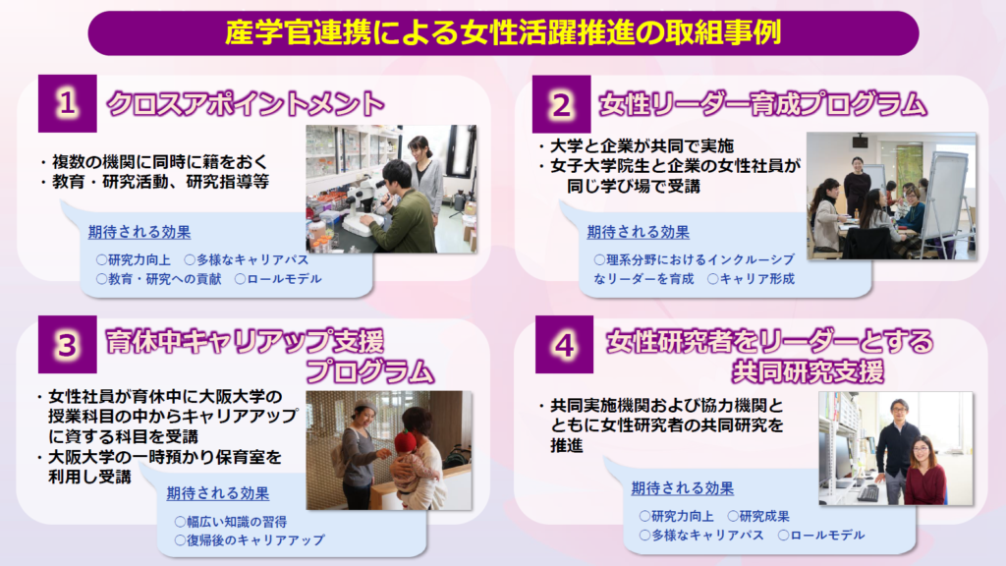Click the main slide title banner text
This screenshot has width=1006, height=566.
(503, 32)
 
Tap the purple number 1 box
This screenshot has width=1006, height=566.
(68, 103)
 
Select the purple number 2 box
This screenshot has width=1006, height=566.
(561, 104)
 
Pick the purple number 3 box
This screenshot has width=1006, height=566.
(68, 345)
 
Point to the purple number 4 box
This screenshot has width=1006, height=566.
(565, 345)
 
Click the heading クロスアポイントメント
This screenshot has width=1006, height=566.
(245, 103)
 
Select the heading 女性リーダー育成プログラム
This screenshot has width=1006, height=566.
(762, 104)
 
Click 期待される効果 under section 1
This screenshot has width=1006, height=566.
(140, 232)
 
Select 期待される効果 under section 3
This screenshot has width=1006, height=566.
(218, 493)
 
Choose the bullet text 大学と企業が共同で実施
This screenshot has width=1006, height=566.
(642, 145)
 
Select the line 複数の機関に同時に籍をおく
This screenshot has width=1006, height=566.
(159, 161)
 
